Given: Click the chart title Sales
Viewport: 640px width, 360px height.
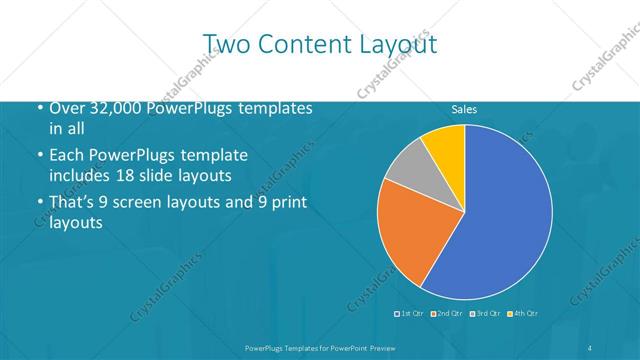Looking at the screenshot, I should [464, 109].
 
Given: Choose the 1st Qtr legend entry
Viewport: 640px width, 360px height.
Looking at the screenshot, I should [410, 314].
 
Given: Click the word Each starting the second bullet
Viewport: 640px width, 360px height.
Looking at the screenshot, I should [67, 155].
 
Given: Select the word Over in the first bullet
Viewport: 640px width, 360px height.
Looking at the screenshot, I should [68, 108].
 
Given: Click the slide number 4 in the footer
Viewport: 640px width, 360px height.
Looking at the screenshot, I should [590, 347].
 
